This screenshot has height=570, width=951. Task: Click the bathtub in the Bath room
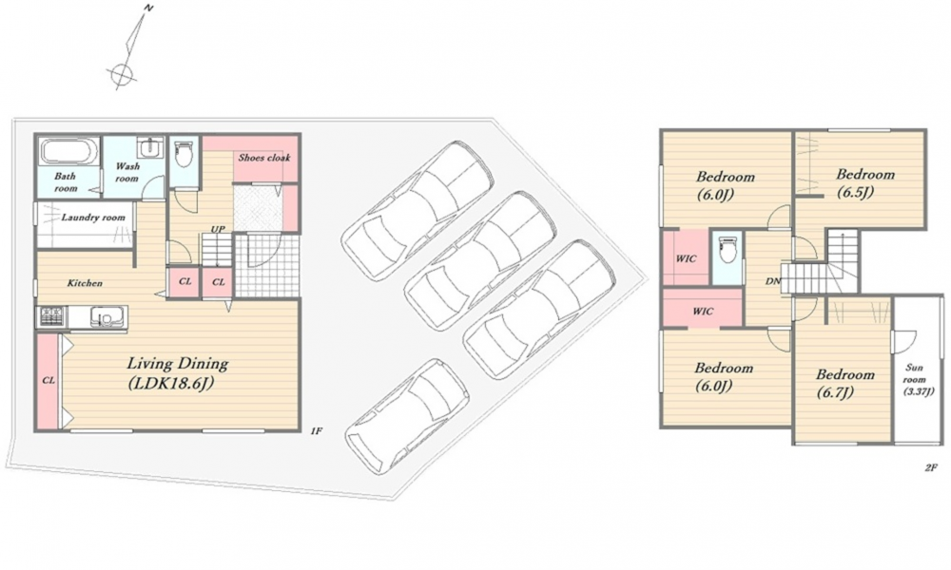click(69, 151)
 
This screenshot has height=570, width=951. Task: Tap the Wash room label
click(127, 172)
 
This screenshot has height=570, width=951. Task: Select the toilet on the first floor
click(184, 155)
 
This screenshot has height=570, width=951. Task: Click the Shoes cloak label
click(264, 158)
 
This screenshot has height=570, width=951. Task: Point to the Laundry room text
click(93, 217)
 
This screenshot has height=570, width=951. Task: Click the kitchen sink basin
click(107, 316)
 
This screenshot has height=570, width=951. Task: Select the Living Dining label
click(177, 364)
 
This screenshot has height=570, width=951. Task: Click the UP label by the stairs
click(218, 229)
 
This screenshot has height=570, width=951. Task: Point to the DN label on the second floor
click(772, 281)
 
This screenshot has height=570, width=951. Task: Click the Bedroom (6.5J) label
click(864, 183)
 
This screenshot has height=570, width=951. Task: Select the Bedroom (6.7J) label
click(844, 383)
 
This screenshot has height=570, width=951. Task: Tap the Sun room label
click(918, 379)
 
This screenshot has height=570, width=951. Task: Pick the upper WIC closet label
click(686, 258)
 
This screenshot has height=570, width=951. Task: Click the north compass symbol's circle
click(122, 73)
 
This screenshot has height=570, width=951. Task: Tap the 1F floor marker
click(316, 430)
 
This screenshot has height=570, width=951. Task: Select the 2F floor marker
click(931, 467)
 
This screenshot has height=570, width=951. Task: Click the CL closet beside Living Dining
click(49, 380)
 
